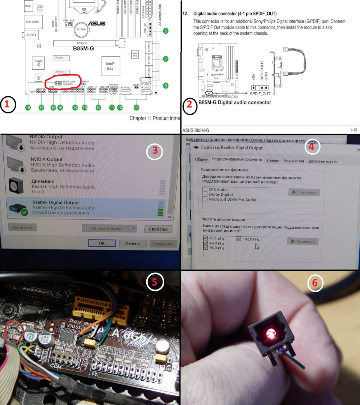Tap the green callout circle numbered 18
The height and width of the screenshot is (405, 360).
coord(28,108)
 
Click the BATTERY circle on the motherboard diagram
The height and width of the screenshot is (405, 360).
coord(81,29)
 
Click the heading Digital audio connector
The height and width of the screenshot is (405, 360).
coord(235,13)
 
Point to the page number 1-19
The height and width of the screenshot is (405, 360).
coord(353,130)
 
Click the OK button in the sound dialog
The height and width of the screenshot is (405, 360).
coord(102,243)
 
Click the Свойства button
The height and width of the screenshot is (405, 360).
coord(157,229)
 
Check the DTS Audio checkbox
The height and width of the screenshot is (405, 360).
coord(205,190)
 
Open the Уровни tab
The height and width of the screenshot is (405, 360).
coord(273,161)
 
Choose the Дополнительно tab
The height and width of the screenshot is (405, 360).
coord(322,161)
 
